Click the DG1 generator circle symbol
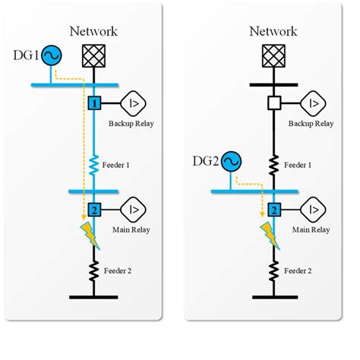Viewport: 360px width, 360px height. [51, 55]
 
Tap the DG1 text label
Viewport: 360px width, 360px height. [26, 55]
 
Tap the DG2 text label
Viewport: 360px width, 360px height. [205, 161]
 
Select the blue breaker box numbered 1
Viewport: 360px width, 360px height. [94, 103]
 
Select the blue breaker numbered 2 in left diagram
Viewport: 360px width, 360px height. [94, 209]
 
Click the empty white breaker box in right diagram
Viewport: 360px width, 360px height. [273, 103]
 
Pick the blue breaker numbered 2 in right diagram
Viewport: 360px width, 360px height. [273, 209]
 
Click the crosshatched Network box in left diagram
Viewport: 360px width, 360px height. [94, 55]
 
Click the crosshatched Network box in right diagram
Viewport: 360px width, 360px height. [273, 55]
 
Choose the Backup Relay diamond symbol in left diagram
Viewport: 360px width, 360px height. [134, 103]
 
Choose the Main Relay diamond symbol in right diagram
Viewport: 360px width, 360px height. [313, 209]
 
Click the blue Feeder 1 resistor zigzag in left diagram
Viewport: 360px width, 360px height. [94, 163]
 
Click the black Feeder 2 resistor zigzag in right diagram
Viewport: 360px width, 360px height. [273, 270]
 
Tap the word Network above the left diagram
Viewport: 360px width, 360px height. [94, 31]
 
